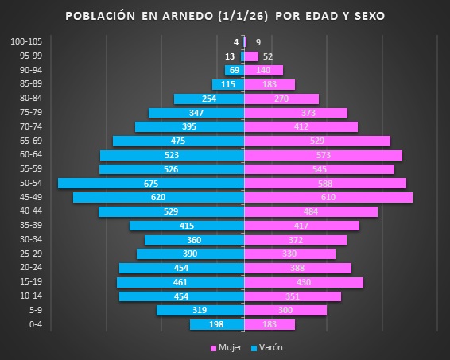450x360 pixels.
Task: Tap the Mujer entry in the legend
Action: point(225,348)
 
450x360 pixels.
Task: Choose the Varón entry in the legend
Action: point(267,348)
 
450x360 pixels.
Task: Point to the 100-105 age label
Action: point(30,41)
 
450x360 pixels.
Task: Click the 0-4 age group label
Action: point(36,324)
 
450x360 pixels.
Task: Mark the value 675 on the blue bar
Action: point(151,184)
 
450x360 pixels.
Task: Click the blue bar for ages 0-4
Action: point(199,324)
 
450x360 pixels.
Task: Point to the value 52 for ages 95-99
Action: point(268,56)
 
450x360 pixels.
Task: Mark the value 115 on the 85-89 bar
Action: point(228,85)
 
